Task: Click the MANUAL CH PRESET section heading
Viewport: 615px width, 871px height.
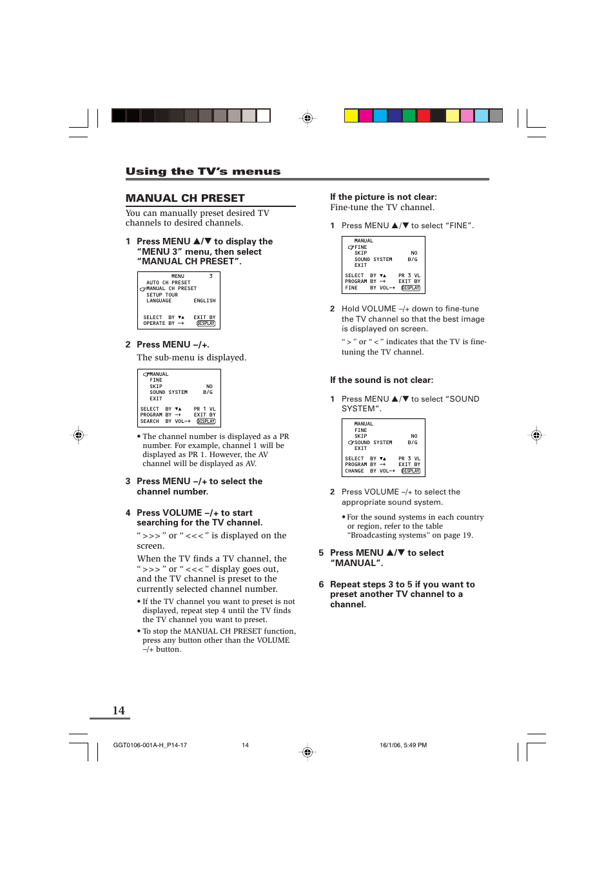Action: [x=185, y=198]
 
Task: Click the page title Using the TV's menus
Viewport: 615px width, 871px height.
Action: [x=203, y=171]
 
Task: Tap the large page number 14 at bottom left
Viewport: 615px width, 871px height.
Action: [x=119, y=710]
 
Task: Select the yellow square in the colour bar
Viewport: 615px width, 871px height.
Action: [x=351, y=116]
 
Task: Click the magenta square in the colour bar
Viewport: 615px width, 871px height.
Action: [x=366, y=116]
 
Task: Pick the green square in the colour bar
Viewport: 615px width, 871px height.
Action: [x=409, y=116]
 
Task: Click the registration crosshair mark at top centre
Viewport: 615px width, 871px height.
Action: [x=307, y=118]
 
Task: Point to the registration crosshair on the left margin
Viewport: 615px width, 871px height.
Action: [x=79, y=435]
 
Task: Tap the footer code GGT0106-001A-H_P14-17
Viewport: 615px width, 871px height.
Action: [x=150, y=745]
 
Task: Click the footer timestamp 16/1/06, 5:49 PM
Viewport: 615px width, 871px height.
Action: [x=403, y=745]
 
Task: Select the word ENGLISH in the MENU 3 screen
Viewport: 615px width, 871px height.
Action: [x=204, y=301]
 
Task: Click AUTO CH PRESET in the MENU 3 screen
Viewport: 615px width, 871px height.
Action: [x=168, y=282]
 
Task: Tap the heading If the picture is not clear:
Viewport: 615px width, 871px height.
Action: [x=383, y=197]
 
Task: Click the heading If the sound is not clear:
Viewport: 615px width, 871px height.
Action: [x=382, y=380]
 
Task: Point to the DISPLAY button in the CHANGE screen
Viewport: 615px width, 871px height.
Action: [x=411, y=471]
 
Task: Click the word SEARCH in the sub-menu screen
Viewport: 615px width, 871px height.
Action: [x=150, y=422]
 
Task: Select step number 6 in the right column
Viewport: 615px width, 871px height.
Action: [x=321, y=585]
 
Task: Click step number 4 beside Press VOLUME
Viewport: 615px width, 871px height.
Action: [x=128, y=513]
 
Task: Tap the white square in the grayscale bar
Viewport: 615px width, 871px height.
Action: [x=263, y=116]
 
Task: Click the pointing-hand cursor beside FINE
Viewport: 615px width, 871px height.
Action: [x=351, y=248]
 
